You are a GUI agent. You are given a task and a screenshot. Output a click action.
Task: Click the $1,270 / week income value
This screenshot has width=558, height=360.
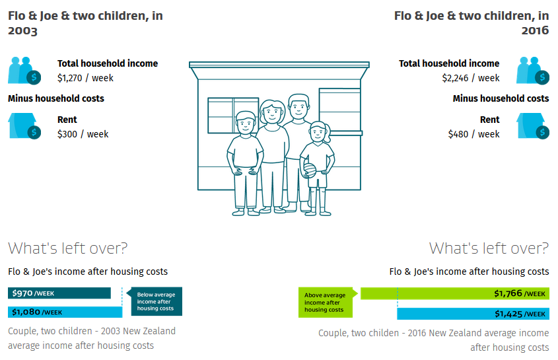(85, 78)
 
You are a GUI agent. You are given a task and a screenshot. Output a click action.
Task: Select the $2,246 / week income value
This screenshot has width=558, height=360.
(470, 78)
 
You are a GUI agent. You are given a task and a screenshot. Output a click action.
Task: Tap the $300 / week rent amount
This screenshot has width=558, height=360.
(83, 134)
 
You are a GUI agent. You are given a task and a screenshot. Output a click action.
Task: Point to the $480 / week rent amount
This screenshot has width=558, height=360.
(473, 134)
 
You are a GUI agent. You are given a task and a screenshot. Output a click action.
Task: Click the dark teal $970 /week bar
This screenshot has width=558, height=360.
(59, 293)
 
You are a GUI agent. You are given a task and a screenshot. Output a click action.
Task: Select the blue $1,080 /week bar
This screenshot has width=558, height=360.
(65, 312)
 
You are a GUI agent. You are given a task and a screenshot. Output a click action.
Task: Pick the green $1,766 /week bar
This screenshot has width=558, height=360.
(455, 293)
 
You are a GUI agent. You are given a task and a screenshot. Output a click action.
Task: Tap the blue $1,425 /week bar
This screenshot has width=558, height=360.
(473, 314)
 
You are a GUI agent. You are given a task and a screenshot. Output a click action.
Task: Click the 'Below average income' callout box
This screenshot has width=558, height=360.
(157, 301)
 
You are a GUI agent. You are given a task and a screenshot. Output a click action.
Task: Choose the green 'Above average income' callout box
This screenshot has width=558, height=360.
(326, 303)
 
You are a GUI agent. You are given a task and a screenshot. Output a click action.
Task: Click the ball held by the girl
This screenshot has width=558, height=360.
(309, 170)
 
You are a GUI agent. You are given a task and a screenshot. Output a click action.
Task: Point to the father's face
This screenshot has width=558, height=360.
(298, 108)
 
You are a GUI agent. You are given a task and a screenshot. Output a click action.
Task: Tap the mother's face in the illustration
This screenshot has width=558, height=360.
(272, 112)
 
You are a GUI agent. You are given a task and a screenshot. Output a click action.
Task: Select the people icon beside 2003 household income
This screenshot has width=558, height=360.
(24, 71)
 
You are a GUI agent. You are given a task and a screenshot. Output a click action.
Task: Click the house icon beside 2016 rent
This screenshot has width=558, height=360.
(533, 126)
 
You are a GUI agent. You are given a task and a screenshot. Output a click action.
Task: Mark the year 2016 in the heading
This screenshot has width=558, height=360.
(536, 30)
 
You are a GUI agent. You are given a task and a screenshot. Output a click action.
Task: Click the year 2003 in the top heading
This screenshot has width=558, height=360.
(22, 30)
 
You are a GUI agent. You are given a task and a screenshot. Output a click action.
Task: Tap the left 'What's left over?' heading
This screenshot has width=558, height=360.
(67, 248)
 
